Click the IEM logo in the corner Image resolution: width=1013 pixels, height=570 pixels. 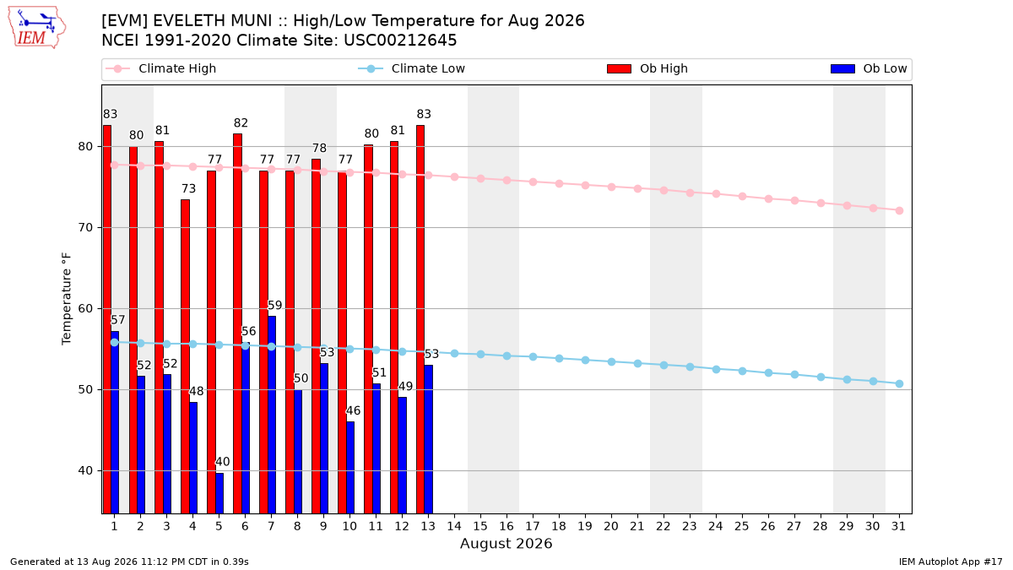click(36, 28)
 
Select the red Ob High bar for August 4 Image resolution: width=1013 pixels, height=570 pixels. click(185, 356)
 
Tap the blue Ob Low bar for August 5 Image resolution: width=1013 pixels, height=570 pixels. click(219, 493)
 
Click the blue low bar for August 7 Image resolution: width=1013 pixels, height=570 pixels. click(272, 415)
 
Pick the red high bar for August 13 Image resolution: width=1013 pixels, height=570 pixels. click(420, 319)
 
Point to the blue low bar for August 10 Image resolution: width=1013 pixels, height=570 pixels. click(350, 467)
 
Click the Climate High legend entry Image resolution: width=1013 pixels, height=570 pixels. click(161, 68)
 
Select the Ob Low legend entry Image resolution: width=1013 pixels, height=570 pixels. click(869, 68)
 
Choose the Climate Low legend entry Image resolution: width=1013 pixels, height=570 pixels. click(412, 68)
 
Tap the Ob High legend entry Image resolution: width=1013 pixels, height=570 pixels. click(647, 68)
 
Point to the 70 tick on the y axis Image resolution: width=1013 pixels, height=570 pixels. click(85, 227)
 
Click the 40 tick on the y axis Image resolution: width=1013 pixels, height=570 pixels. click(85, 471)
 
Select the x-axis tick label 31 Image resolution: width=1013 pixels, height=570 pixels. click(899, 526)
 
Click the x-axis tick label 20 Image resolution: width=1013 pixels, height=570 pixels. click(611, 526)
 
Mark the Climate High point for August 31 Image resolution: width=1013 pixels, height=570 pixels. click(900, 211)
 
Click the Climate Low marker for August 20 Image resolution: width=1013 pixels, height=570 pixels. click(611, 362)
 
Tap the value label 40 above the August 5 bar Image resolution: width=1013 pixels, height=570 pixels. click(223, 462)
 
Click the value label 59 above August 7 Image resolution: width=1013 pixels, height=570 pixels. click(275, 306)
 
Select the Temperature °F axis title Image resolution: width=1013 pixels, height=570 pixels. click(67, 299)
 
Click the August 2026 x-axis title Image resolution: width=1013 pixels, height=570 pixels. click(506, 543)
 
